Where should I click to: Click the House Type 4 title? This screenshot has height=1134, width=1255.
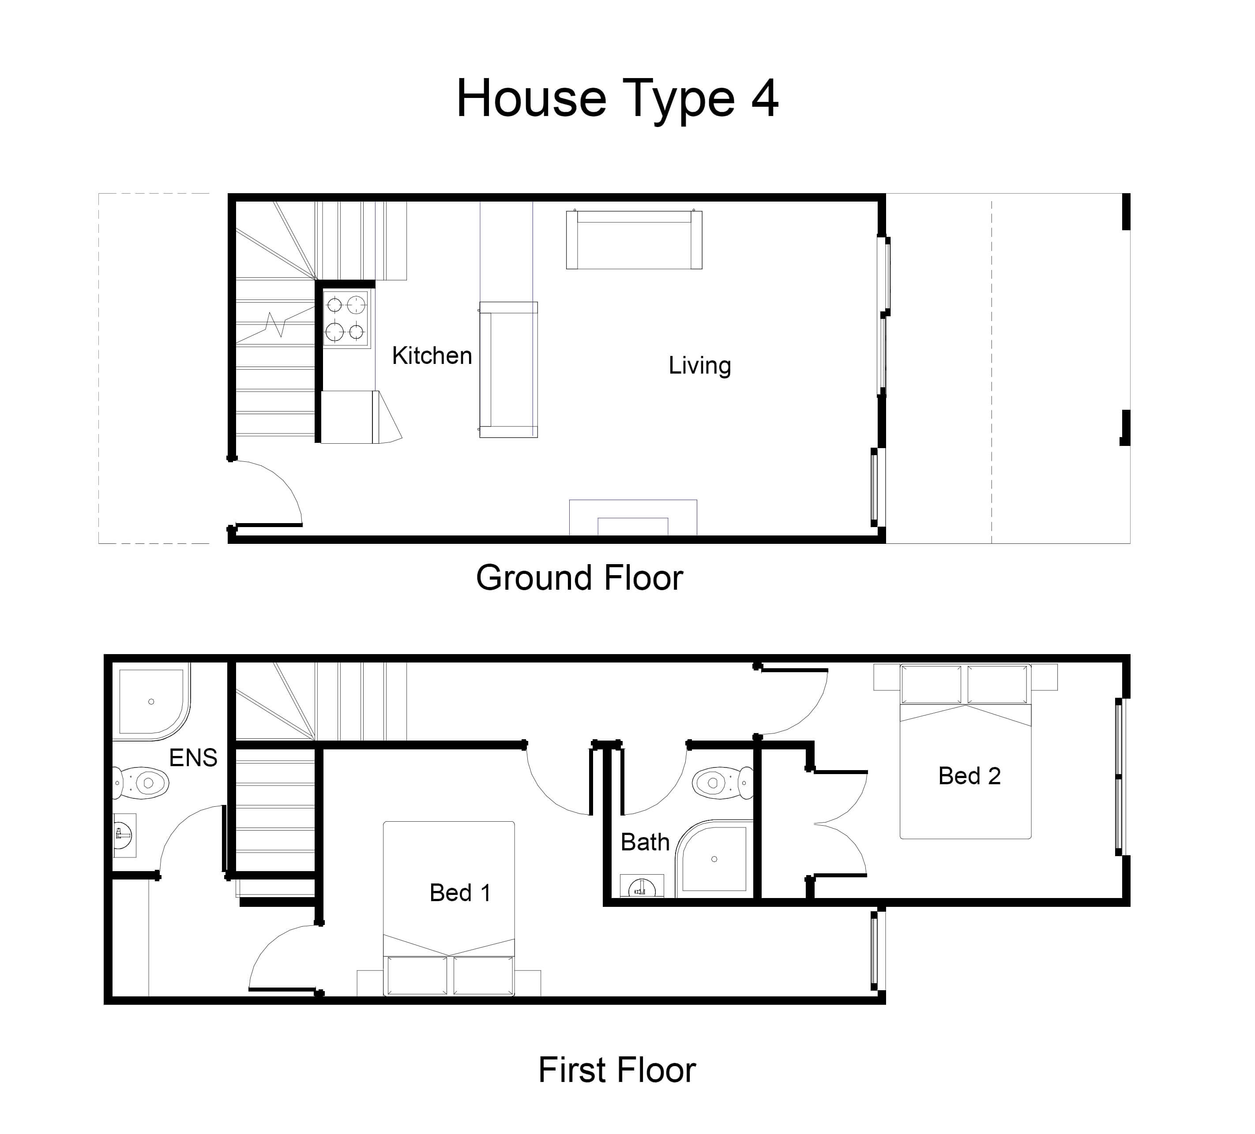coord(617,100)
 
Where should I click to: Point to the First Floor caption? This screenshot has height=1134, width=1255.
coord(617,1070)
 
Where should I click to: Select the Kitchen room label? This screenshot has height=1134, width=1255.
coord(432,356)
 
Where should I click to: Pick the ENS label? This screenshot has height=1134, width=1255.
coord(193,757)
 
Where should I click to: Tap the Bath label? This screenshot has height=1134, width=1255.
coord(645,842)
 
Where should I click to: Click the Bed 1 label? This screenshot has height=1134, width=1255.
coord(460,892)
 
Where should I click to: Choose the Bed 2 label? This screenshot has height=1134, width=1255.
coord(969,775)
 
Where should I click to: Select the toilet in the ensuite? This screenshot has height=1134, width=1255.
coord(141,782)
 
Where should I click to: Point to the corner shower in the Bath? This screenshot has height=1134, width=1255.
coord(715,859)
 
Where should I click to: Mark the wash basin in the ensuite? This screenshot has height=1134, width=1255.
coord(124,835)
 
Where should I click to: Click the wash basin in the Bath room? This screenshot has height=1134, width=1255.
coord(642,886)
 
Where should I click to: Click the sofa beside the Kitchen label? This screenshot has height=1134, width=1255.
coord(509,370)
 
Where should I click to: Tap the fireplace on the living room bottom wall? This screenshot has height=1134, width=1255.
coord(633,517)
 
